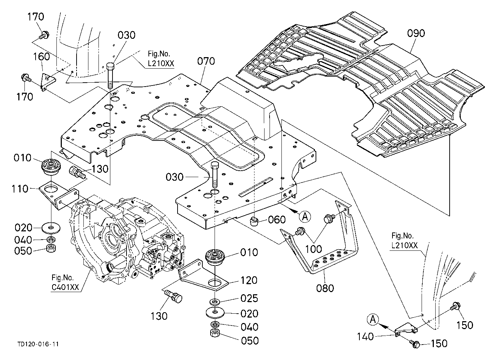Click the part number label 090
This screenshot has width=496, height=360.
coord(416,33)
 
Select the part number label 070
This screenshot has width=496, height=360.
coord(206,61)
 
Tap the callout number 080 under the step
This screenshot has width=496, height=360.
coord(325,288)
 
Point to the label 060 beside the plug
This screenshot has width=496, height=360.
coord(277,220)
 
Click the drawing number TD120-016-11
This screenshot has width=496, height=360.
coord(38,344)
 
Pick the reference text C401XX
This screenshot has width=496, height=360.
coord(65,287)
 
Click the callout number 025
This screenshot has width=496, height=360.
coord(249,299)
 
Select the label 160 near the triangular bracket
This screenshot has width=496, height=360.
coord(41,57)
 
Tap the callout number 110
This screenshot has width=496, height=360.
coord(20,189)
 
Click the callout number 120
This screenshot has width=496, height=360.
coord(249,280)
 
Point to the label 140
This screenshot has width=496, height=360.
coord(366,337)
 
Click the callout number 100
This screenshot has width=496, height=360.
coord(313,249)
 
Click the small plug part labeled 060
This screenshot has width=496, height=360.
coord(254,221)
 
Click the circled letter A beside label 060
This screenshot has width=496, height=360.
coord(305,216)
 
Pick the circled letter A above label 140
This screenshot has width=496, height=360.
coord(373,319)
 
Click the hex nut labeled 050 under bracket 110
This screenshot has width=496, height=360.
coord(51,248)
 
